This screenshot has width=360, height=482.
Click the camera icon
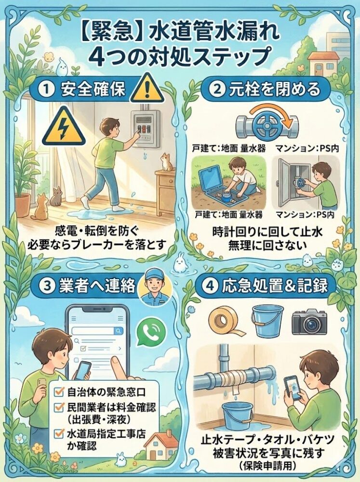(309, 321)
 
